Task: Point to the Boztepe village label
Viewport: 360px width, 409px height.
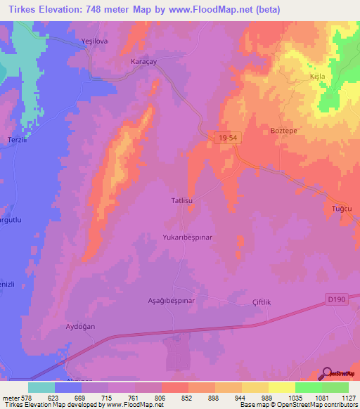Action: click(x=285, y=130)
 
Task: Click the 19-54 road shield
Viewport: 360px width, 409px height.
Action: click(x=228, y=141)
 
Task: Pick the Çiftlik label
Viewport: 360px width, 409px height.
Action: click(x=262, y=301)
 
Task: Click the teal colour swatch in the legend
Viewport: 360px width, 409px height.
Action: click(x=41, y=387)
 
